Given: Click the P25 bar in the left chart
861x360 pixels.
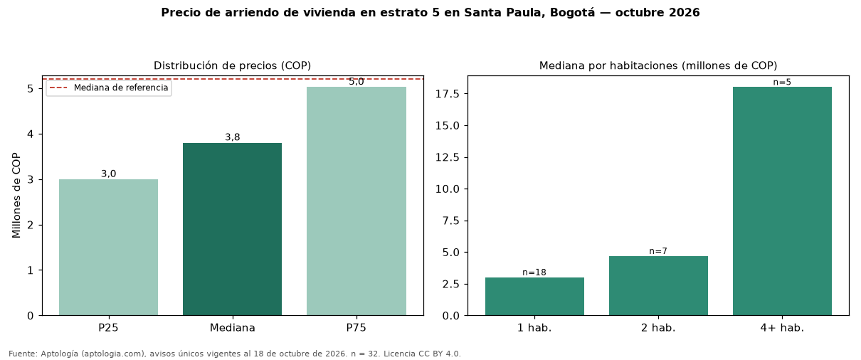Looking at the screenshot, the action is coord(108,248).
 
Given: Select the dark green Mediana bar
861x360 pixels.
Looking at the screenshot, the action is coord(232,229).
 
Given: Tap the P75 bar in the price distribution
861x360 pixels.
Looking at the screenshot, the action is coord(356,201).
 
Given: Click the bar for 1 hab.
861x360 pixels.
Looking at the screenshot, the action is coord(534,296).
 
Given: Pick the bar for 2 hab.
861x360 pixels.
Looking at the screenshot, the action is coord(658,286).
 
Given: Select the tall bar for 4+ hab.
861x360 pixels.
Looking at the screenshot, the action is coord(782,201).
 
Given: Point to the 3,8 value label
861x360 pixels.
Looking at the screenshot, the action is coord(232,137).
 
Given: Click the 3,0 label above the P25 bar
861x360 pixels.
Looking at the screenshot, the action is coord(108,174).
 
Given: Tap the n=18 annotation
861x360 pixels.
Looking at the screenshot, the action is coord(534,272).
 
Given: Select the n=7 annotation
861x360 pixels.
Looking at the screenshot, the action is coord(658,251).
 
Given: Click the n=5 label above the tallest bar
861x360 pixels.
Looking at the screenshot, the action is coord(782,83).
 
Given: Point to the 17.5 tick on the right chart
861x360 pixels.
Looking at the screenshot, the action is coord(448,94).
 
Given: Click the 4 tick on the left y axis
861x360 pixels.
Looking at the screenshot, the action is coord(31,134).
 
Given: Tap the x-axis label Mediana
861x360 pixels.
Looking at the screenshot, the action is coord(232,328).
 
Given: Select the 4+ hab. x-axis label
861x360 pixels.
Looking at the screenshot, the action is coord(782,328).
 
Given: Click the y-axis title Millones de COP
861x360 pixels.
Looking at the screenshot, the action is coord(16,196).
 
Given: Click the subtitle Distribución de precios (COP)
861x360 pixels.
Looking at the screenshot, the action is coord(233,65).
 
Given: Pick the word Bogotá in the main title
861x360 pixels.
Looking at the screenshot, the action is coord(572,13).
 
